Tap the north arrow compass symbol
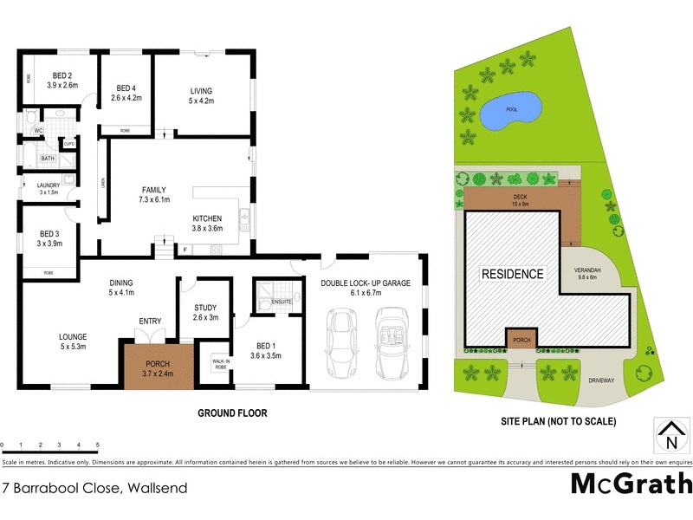(x=668, y=435)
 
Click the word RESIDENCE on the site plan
(x=513, y=274)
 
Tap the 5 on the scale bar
(x=98, y=445)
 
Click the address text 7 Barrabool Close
(x=94, y=488)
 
